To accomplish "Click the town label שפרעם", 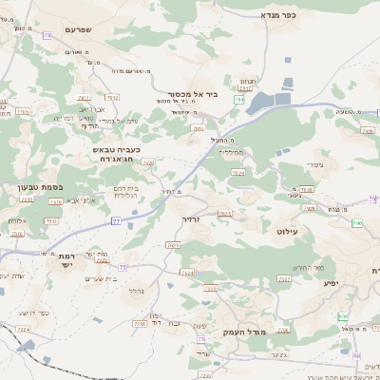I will click(83, 29).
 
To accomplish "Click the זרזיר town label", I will click(194, 218).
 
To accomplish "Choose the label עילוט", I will click(288, 231).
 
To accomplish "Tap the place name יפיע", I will click(331, 282).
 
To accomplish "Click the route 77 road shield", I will click(116, 220).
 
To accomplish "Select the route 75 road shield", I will click(123, 267).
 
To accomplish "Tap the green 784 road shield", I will click(240, 99).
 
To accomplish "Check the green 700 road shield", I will click(357, 223).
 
